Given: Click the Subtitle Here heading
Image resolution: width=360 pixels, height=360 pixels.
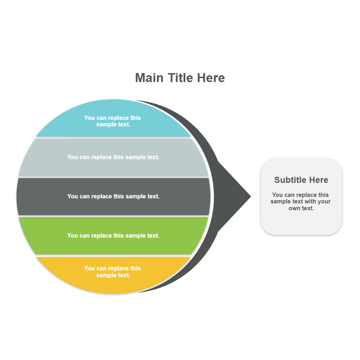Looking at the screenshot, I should [x=301, y=180].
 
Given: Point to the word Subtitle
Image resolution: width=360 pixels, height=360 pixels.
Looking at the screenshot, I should [x=290, y=180].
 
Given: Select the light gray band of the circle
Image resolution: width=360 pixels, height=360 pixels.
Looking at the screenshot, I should [x=40, y=158].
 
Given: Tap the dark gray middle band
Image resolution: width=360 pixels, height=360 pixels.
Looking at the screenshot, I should [x=36, y=197].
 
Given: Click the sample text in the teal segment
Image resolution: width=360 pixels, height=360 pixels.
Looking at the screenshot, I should [x=113, y=121].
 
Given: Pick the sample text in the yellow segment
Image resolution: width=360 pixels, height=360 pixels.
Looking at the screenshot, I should [x=113, y=272].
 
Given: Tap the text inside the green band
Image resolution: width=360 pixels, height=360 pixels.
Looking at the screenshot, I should [x=113, y=235].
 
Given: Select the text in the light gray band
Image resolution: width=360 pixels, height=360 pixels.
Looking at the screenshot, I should [x=113, y=157].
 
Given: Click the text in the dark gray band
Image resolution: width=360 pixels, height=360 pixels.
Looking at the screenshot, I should [x=113, y=196].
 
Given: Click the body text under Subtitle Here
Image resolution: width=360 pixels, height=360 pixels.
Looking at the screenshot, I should [x=301, y=202].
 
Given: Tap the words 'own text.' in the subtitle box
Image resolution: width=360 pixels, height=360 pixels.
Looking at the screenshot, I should [x=301, y=208].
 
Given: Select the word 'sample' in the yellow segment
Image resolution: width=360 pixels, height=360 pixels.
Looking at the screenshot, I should [x=106, y=275].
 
